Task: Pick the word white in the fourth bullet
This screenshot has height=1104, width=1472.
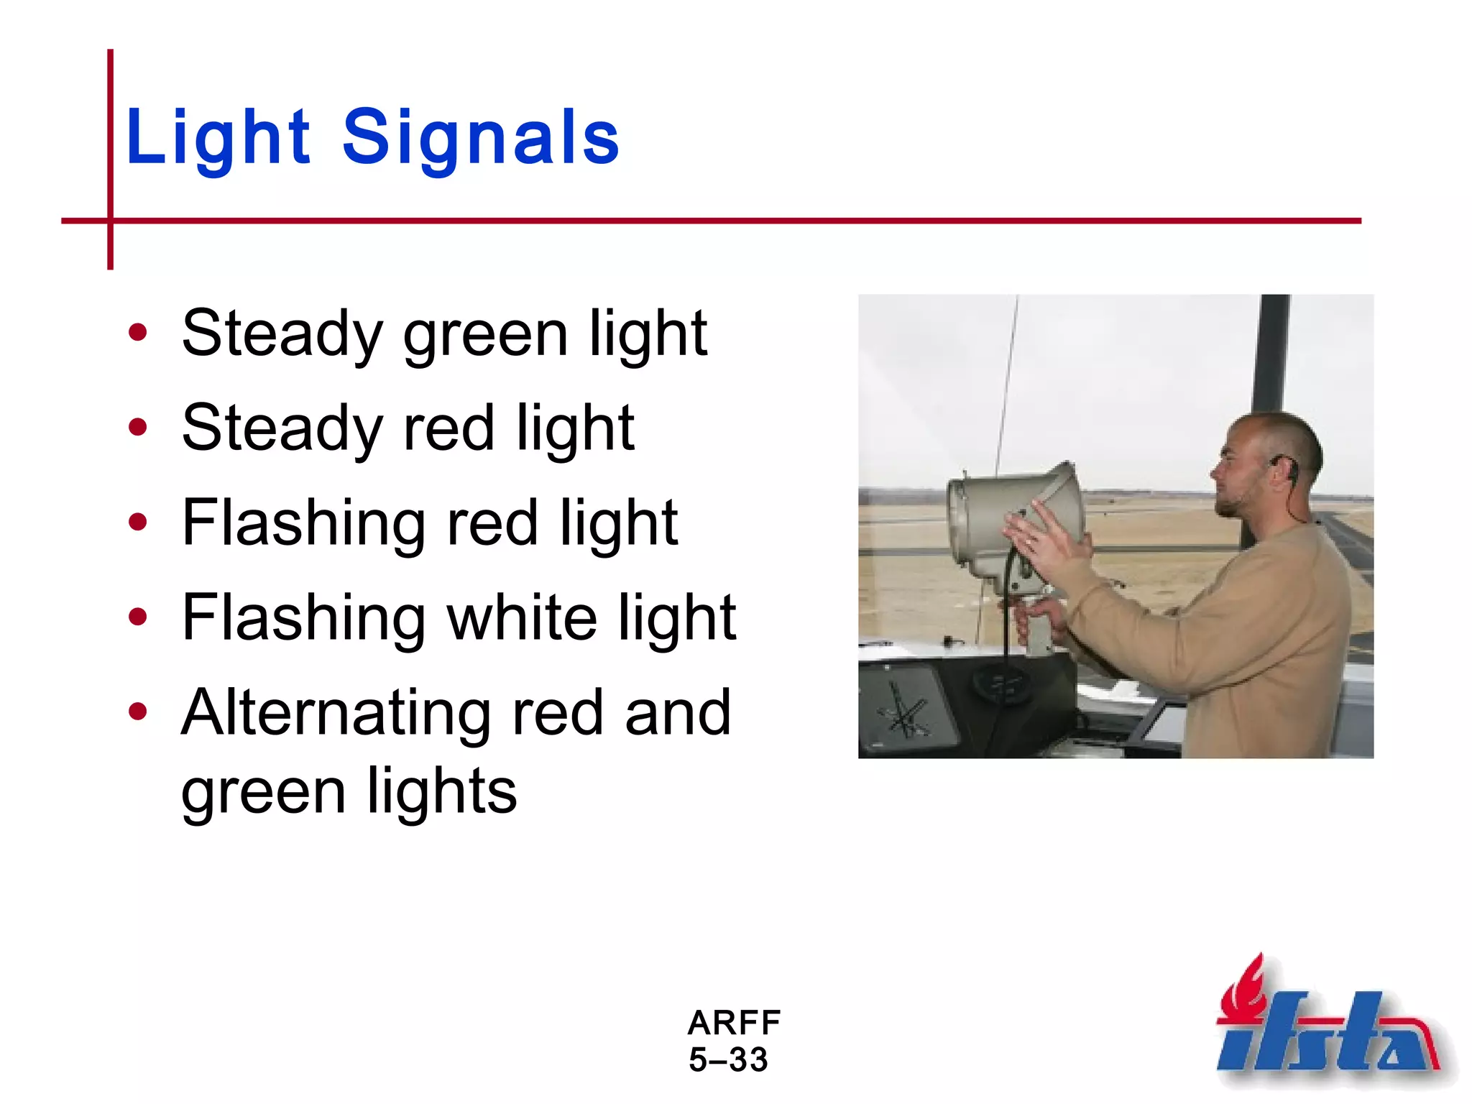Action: click(x=521, y=618)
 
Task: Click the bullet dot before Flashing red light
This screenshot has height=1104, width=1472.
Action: click(x=137, y=523)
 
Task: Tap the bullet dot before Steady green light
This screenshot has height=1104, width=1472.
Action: click(x=137, y=333)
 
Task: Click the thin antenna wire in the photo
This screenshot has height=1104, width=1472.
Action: click(x=1006, y=388)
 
